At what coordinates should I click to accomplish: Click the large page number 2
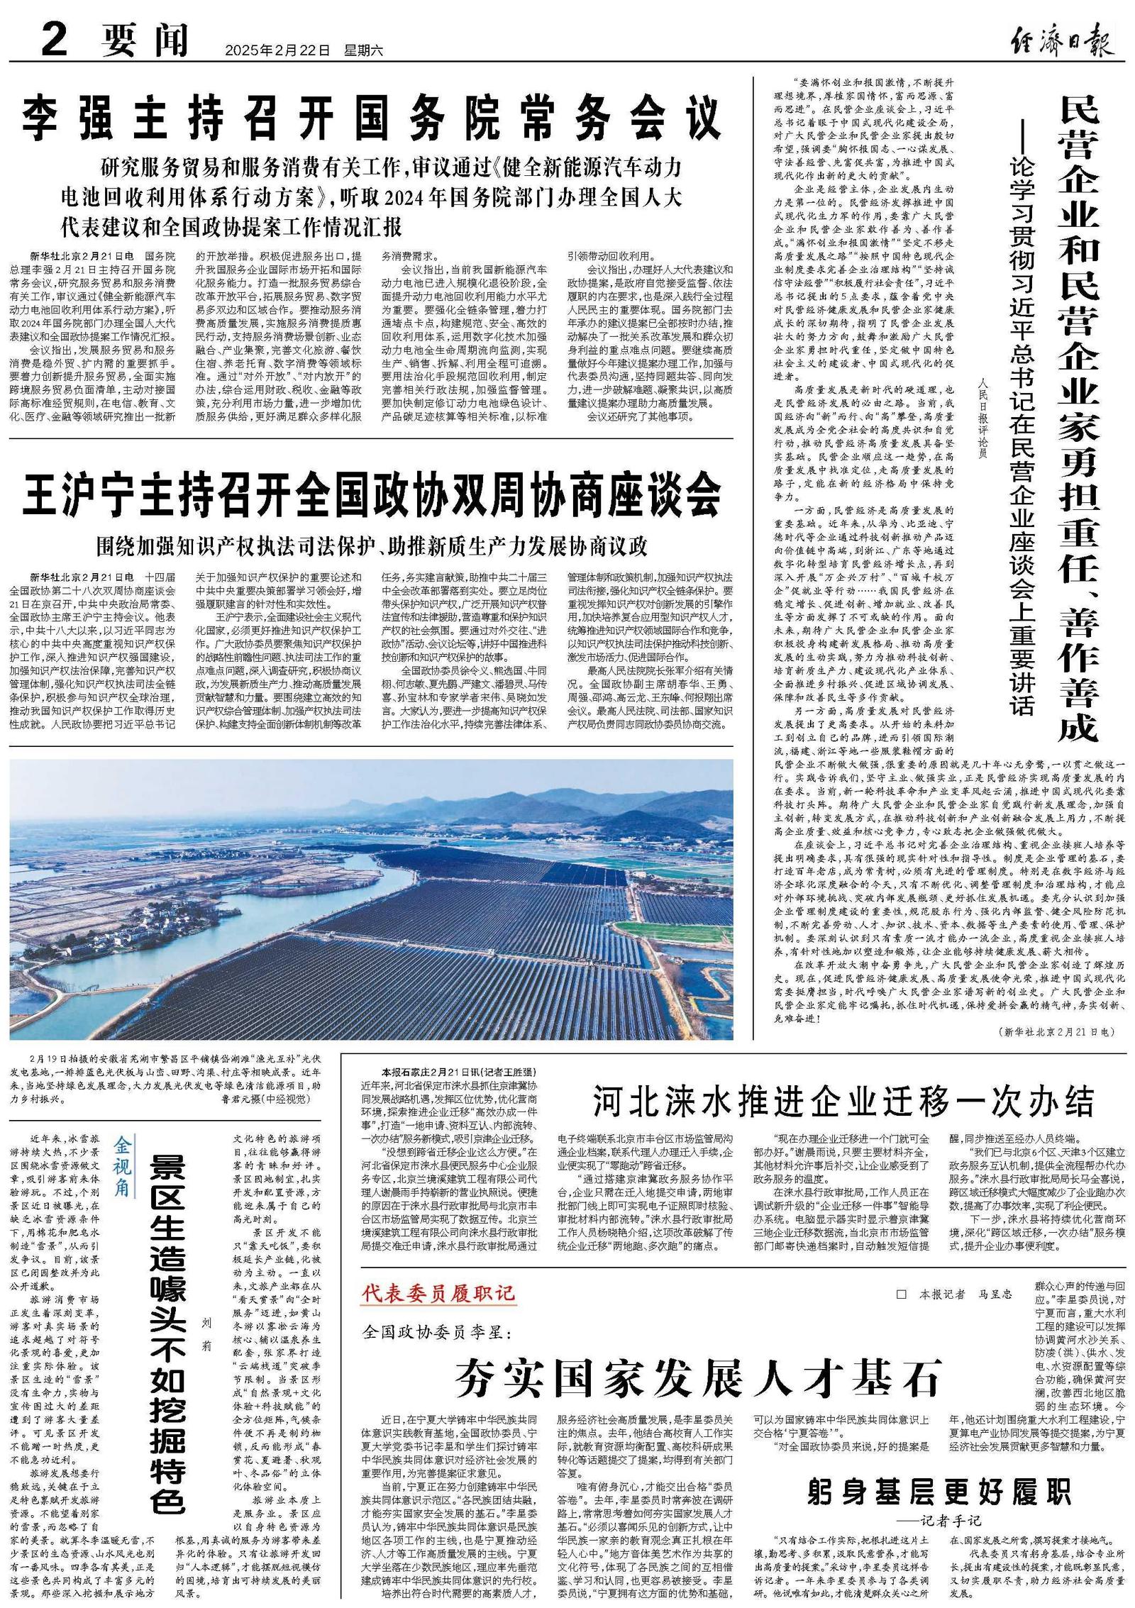coord(54,40)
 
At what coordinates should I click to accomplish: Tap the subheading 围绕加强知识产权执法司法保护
coord(372,547)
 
